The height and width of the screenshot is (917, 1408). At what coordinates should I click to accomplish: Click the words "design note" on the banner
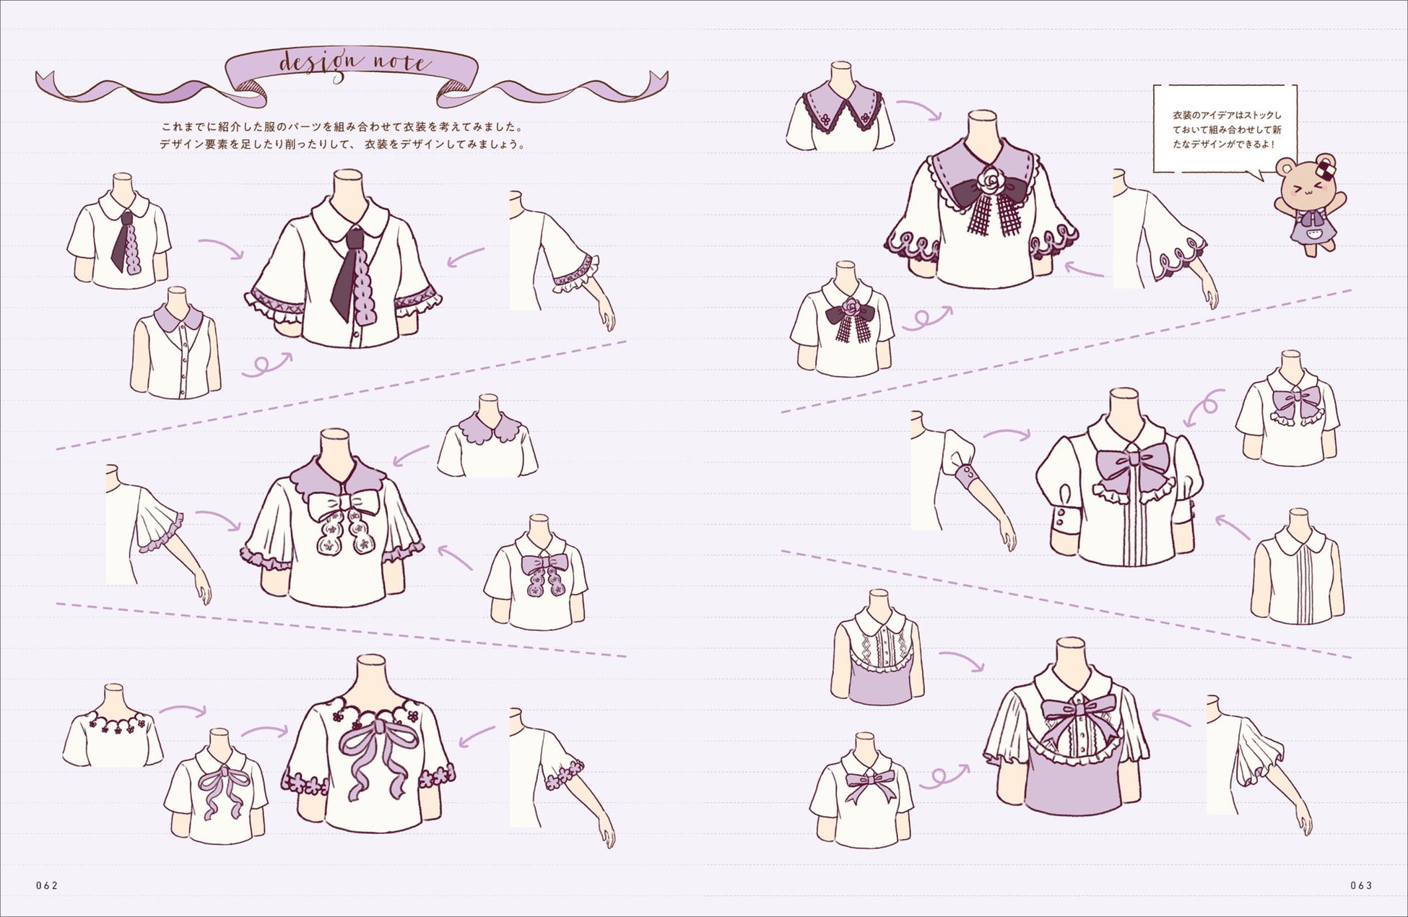353,64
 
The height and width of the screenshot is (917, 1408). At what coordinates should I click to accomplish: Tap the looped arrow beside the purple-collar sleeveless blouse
266,365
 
